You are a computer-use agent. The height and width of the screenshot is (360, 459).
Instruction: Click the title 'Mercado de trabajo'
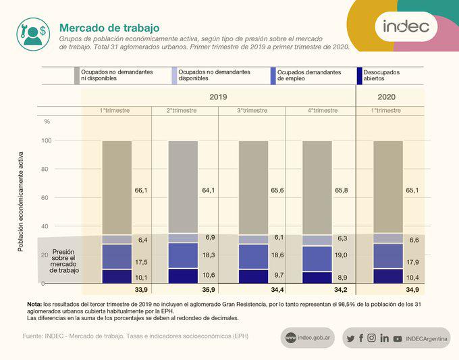(x=109, y=28)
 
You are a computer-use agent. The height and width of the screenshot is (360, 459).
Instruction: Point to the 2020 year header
(x=387, y=97)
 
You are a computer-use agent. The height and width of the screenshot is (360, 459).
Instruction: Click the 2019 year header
(x=218, y=97)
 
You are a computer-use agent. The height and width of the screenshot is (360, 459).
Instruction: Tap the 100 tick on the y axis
(x=47, y=140)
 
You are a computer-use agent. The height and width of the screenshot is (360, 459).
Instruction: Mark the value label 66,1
(x=141, y=190)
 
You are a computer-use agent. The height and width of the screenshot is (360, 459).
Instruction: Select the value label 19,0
(x=341, y=255)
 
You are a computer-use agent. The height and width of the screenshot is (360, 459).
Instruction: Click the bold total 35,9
(x=209, y=290)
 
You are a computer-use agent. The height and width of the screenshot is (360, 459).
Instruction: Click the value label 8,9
(x=342, y=278)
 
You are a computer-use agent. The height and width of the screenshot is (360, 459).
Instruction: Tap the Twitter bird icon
(x=350, y=338)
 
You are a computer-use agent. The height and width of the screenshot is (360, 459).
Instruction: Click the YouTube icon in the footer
(x=398, y=338)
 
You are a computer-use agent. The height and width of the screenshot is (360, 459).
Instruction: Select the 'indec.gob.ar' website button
(x=308, y=338)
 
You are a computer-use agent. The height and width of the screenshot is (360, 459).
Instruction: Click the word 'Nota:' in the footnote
(x=34, y=303)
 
